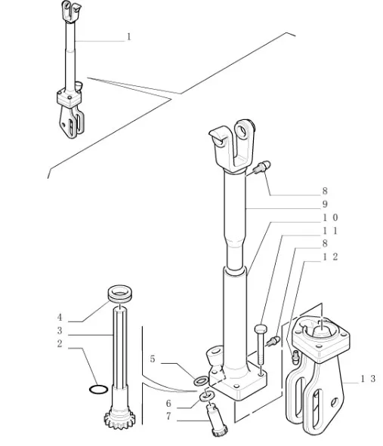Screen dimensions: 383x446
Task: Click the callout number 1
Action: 128,37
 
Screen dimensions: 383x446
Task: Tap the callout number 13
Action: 368,379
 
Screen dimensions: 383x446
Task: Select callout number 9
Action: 325,205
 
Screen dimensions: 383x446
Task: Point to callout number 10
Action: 330,217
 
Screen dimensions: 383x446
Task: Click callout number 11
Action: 330,231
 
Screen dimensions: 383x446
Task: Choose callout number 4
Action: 60,317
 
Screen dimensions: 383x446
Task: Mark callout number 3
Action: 60,331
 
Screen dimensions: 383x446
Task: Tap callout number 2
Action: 60,343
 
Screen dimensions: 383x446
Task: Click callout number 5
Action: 153,359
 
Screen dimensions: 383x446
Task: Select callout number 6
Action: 168,403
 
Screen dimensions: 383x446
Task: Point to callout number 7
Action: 168,417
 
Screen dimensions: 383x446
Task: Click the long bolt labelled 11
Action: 261,345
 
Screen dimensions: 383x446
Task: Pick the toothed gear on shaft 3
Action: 119,419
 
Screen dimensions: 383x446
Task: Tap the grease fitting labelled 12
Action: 295,357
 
